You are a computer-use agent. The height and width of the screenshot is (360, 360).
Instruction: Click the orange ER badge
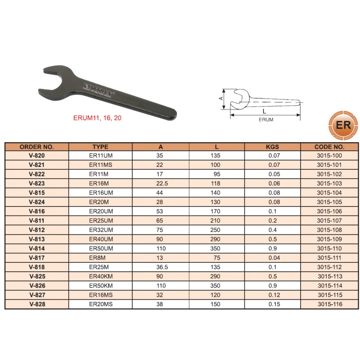[x=343, y=126]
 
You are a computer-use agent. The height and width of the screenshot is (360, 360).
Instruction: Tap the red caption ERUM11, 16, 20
[x=97, y=118]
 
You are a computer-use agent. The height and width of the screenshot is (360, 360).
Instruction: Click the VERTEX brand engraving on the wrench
[x=99, y=90]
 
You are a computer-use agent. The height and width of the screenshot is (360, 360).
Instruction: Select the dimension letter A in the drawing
[x=221, y=98]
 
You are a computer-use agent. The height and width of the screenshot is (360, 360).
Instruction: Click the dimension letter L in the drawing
[x=265, y=111]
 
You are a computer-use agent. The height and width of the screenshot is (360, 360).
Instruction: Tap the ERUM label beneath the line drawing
[x=266, y=120]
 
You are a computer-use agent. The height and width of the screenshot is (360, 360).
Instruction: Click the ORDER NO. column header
[x=37, y=147]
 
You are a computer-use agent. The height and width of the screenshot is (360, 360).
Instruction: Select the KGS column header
[x=272, y=147]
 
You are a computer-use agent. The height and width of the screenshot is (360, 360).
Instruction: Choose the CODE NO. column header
[x=329, y=147]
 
